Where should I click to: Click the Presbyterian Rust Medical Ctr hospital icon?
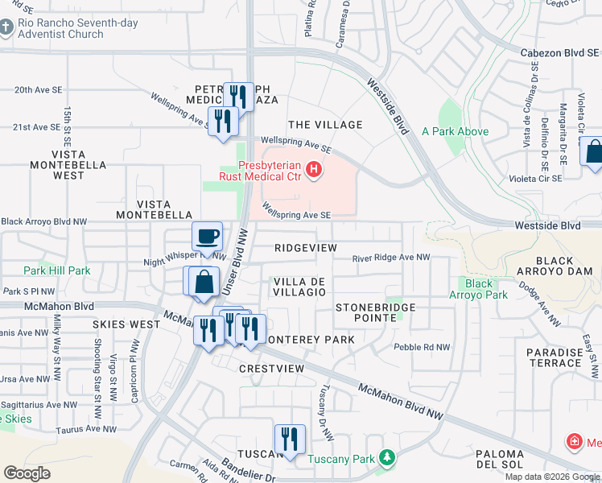pos(315,171)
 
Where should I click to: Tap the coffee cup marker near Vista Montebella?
pos(207,237)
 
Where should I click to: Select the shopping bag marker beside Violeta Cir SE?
pos(595,152)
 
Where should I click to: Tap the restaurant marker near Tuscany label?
pos(288,439)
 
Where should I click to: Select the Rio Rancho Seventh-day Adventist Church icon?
pos(6,28)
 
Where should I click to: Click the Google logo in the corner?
pos(27,473)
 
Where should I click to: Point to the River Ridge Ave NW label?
pos(390,258)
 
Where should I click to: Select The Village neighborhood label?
pos(325,125)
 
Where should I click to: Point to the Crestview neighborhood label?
pos(271,368)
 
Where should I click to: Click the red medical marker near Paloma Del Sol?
pos(574,441)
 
